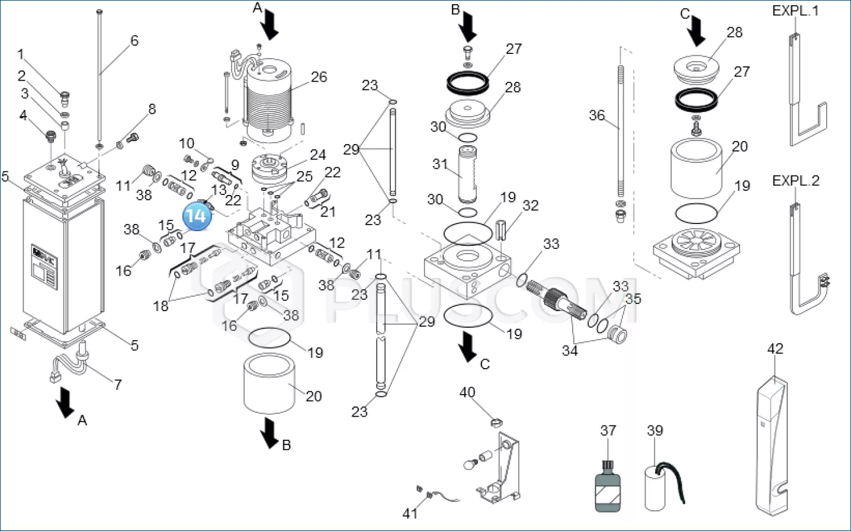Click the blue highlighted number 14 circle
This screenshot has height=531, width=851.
pos(197,215)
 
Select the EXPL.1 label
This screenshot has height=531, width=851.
pos(795,11)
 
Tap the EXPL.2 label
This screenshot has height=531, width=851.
pos(795,181)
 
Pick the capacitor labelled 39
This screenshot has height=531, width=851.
pos(658,487)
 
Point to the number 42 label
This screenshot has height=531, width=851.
pos(775,348)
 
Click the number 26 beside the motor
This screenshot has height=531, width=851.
pos(319,77)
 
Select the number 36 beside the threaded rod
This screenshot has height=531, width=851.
pos(596,115)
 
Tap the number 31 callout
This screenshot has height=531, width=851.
pos(439,164)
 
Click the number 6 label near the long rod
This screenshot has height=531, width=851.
pos(134,40)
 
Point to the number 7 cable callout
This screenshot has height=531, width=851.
pos(118,385)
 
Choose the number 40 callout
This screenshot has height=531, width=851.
pos(467,392)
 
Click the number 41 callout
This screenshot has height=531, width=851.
pos(410,513)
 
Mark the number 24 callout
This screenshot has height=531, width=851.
pos(318,155)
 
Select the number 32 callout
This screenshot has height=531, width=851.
pos(530,205)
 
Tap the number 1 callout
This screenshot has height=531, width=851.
pos(21,55)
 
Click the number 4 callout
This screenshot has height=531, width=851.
pos(24,115)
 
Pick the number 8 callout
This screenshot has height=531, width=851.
pos(152,109)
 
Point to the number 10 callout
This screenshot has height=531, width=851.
pos(187,143)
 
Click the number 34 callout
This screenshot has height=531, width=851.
pos(570,350)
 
